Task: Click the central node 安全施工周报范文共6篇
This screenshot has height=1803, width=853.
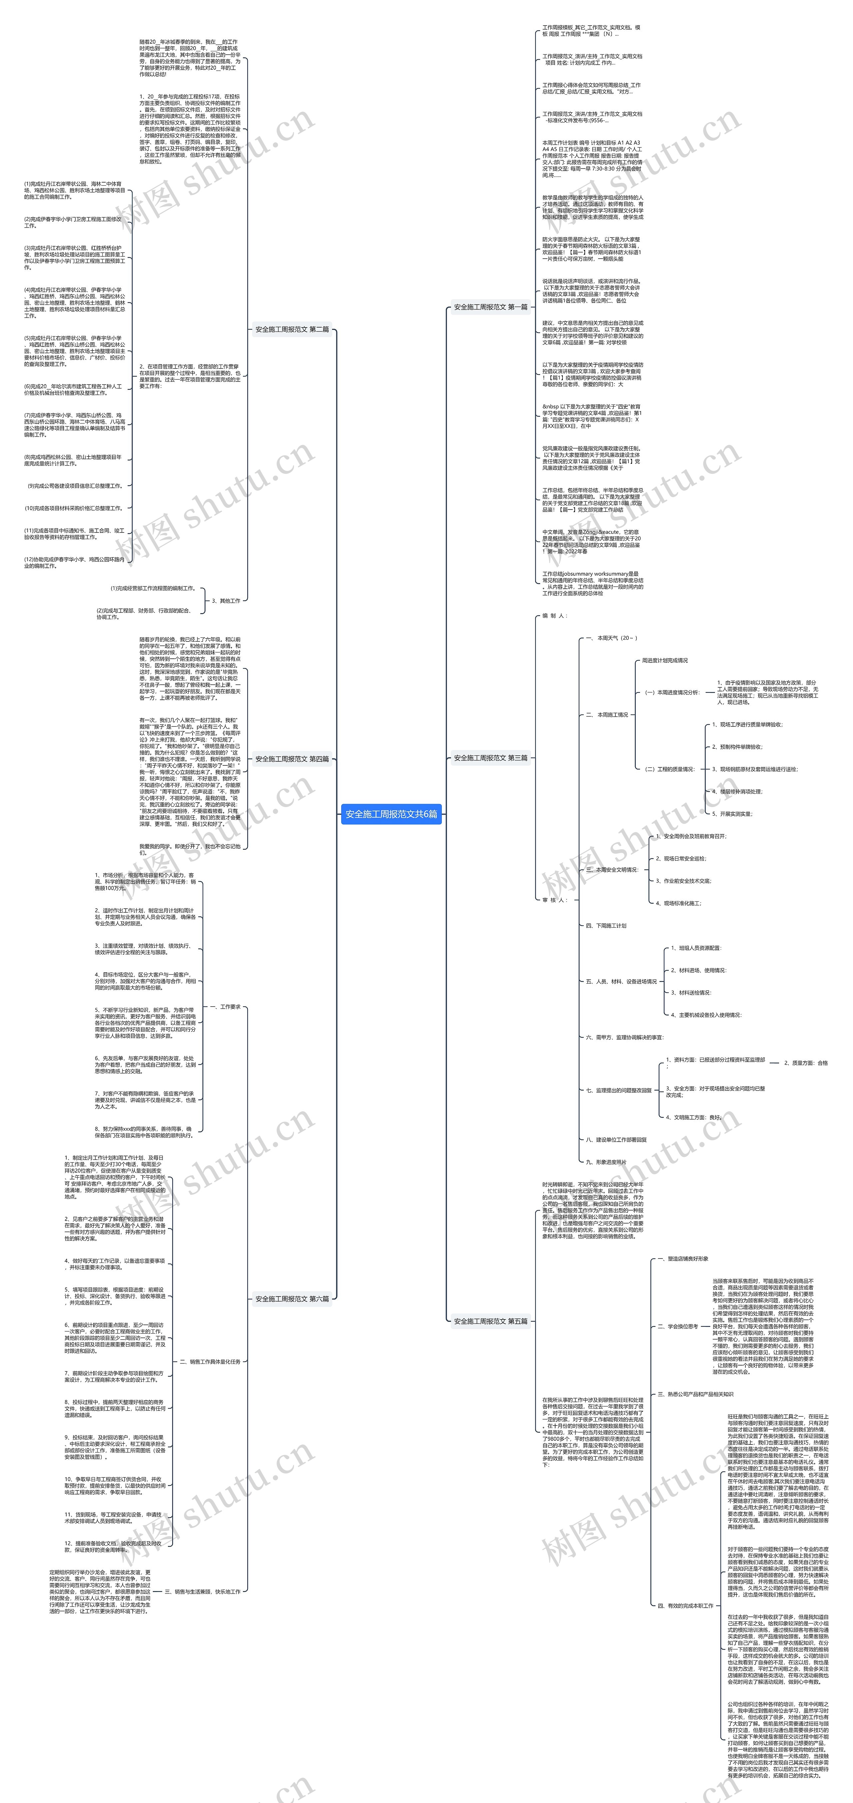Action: pos(391,814)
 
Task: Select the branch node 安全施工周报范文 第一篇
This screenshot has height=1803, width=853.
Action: pos(490,307)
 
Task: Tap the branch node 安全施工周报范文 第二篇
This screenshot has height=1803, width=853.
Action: pos(292,329)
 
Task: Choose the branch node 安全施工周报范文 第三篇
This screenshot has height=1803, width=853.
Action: pos(490,757)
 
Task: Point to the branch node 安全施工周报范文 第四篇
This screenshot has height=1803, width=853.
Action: pos(292,759)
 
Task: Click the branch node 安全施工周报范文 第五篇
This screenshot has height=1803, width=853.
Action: pos(490,1321)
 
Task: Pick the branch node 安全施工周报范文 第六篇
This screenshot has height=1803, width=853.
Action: pos(292,1299)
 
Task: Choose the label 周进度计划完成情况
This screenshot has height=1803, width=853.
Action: pos(665,660)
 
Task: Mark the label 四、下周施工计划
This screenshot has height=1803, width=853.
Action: pos(606,925)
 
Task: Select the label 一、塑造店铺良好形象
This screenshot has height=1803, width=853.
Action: pos(682,1259)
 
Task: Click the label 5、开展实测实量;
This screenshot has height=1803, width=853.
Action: pos(733,814)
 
